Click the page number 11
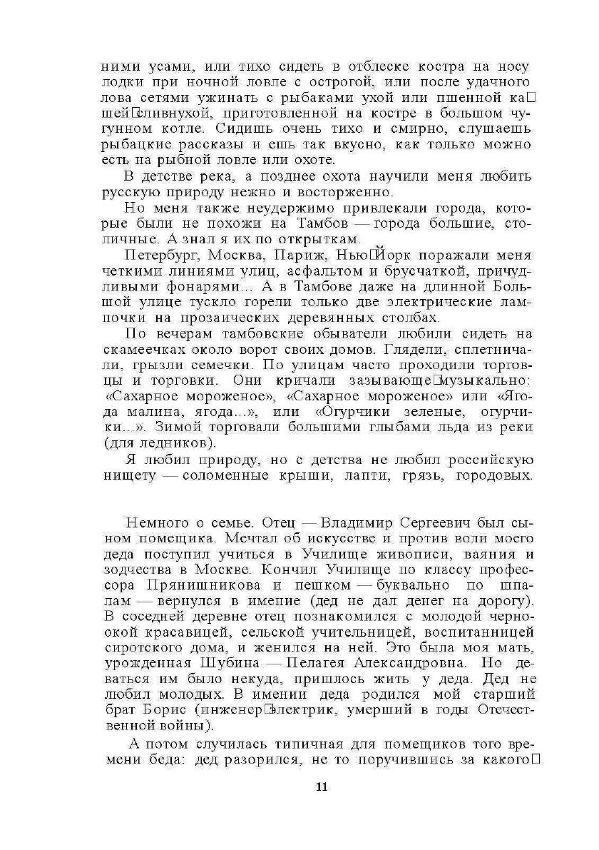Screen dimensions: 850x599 click(x=320, y=787)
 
